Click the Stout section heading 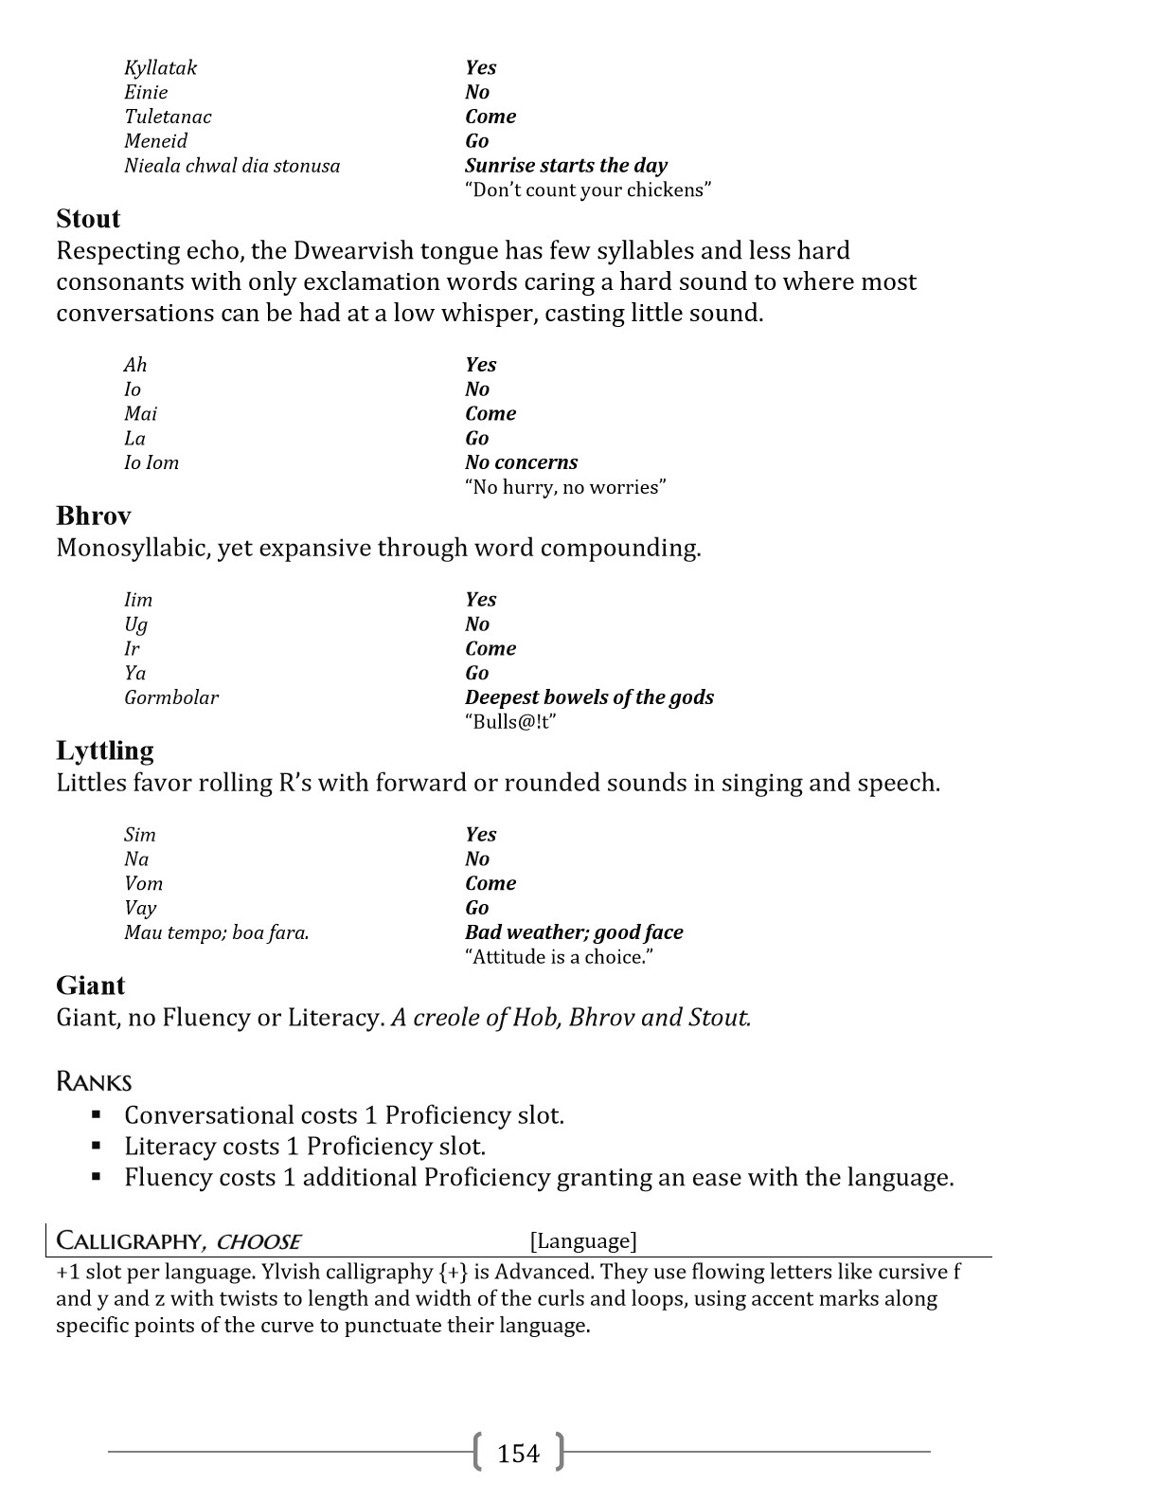88,219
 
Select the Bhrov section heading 93,515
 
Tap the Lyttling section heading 104,750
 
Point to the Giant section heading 90,986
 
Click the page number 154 518,1453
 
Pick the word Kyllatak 160,67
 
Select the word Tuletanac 168,117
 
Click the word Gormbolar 170,697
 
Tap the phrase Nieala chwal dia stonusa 231,166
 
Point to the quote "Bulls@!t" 509,722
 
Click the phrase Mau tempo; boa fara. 216,932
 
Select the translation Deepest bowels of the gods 589,697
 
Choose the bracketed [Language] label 583,1240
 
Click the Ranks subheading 94,1081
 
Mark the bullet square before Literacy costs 97,1147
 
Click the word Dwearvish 357,251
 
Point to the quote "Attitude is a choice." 559,957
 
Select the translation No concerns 521,462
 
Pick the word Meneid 155,141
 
